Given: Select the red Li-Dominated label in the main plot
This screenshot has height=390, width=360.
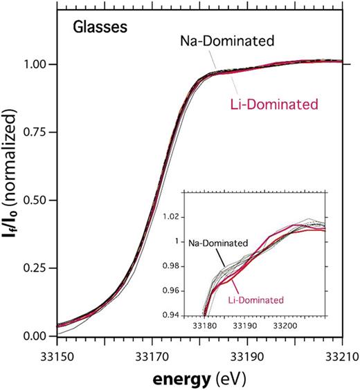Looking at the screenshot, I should click(274, 105).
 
